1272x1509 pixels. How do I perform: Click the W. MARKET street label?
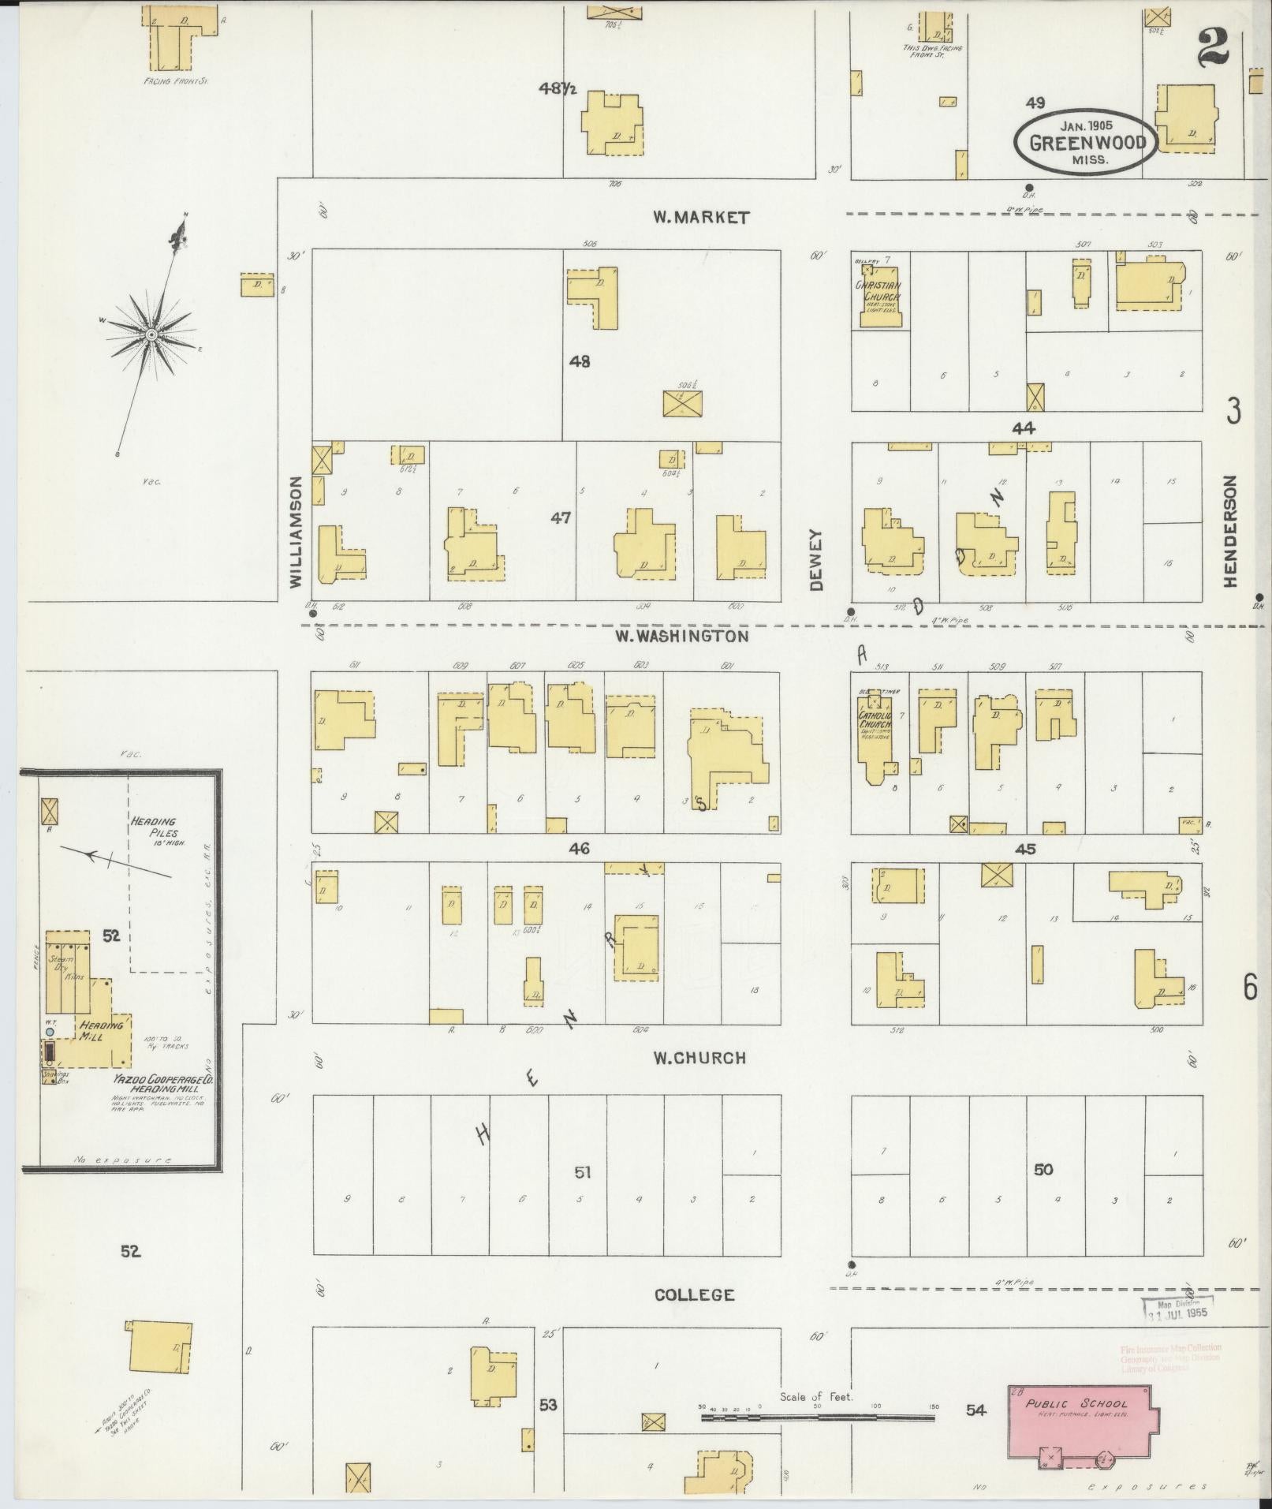coord(700,218)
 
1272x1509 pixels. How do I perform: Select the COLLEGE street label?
coord(695,1294)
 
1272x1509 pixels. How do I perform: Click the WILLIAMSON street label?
coord(296,532)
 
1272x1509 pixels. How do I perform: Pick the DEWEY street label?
coord(815,559)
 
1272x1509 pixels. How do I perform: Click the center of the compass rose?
coord(150,334)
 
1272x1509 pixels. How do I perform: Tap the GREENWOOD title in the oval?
coord(1086,144)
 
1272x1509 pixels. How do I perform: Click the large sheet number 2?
coord(1212,48)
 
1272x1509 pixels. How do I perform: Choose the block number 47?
coord(561,518)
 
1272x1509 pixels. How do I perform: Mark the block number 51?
coord(582,1172)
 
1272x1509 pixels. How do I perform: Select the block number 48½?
coord(558,89)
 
